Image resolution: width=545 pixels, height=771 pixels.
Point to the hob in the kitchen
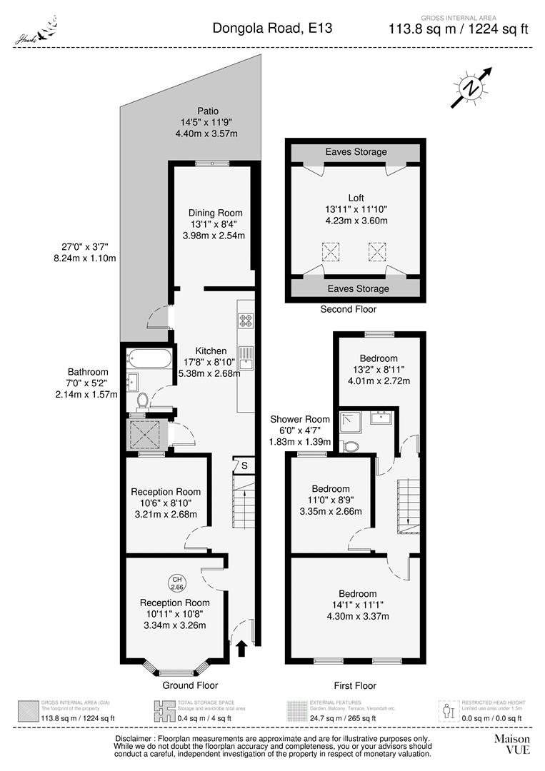(246, 321)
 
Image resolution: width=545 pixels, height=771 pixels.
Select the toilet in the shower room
(349, 445)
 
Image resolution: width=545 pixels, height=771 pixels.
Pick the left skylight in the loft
(331, 251)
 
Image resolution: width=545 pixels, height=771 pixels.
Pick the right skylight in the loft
(377, 251)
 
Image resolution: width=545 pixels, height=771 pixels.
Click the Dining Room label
(215, 213)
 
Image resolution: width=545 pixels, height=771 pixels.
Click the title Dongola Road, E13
(272, 29)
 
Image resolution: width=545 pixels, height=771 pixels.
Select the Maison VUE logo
(512, 744)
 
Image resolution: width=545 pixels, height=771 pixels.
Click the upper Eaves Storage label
(356, 152)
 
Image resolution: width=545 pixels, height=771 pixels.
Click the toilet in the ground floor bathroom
(141, 399)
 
